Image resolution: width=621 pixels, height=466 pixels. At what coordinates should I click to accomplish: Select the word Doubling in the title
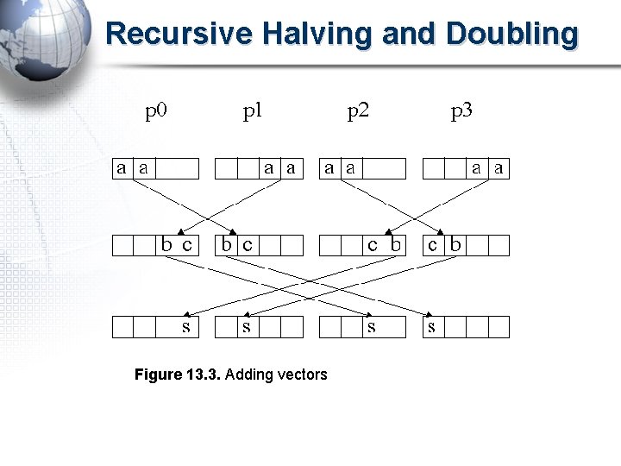tap(512, 35)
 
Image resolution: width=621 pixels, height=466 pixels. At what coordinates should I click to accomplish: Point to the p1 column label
tap(253, 111)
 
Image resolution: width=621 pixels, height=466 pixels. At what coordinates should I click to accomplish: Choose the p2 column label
tap(358, 111)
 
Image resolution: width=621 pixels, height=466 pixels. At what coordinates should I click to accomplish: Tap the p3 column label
tap(461, 111)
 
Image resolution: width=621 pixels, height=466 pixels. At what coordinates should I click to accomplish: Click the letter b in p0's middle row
tap(167, 245)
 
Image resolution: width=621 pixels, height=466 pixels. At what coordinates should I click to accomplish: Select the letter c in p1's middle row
tap(248, 245)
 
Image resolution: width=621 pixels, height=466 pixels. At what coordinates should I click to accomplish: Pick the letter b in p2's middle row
tap(395, 245)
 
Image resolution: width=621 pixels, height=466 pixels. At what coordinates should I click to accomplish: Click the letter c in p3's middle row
tap(434, 245)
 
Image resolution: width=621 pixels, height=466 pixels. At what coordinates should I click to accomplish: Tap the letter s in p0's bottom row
tap(186, 327)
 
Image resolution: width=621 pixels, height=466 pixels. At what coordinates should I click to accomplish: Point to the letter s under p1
tap(247, 327)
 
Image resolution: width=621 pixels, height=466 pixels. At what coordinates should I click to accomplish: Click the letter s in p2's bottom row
tap(372, 327)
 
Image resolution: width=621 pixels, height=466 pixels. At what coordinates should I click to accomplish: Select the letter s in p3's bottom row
tap(431, 327)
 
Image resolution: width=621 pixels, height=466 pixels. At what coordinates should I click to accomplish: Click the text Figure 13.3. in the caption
tap(177, 375)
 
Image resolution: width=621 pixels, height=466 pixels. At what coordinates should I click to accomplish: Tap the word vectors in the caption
tap(302, 375)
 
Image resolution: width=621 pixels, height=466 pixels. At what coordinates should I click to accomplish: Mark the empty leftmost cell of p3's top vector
tap(433, 168)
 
